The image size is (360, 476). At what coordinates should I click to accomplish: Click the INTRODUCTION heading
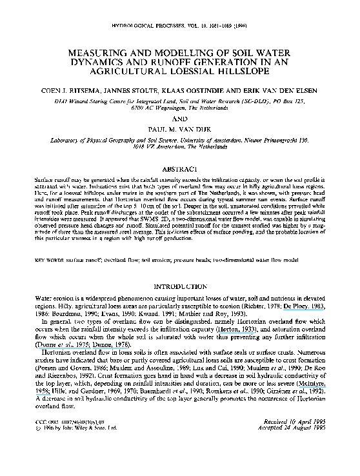click(x=179, y=286)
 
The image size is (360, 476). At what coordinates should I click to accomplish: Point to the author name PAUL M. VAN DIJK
click(x=179, y=129)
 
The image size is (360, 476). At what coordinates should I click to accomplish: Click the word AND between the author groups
click(x=179, y=119)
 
